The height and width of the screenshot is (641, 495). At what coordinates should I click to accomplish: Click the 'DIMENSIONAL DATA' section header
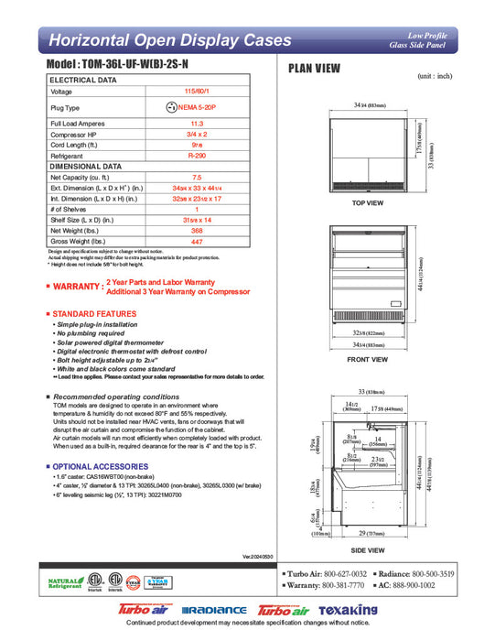tap(85, 167)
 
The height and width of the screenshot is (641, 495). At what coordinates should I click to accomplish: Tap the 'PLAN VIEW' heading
tap(316, 68)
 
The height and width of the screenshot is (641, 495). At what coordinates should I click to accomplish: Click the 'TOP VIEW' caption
tap(368, 202)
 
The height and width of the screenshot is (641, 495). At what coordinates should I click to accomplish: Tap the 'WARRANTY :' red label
tap(76, 287)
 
